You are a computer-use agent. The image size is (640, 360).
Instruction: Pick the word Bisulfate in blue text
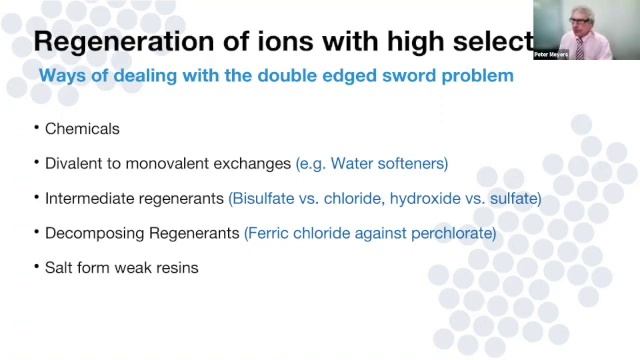(x=265, y=198)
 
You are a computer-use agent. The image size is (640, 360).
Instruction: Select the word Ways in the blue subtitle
(x=60, y=76)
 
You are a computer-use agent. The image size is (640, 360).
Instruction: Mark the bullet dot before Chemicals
(x=36, y=129)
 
